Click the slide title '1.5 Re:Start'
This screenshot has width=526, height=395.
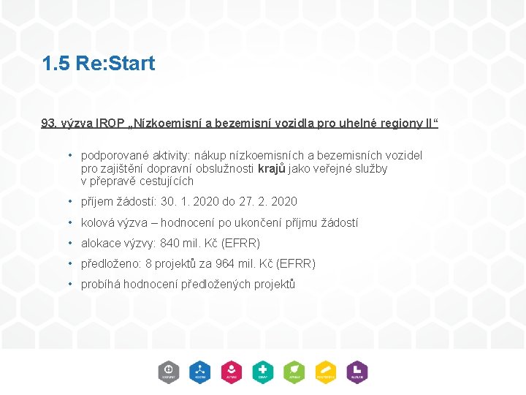(x=99, y=64)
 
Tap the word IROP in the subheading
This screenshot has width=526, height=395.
(x=107, y=123)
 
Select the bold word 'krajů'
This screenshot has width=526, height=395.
(x=272, y=169)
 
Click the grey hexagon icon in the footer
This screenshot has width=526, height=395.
(x=168, y=372)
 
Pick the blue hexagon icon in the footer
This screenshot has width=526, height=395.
(x=199, y=372)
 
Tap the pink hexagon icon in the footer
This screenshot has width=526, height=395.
(x=232, y=372)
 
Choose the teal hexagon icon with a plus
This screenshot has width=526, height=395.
(x=263, y=372)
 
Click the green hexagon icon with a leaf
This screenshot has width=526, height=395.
(x=294, y=372)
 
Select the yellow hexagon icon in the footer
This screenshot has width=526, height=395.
(x=326, y=372)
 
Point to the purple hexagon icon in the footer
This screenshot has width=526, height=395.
(x=357, y=372)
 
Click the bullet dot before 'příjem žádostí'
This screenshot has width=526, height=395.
(x=69, y=202)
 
